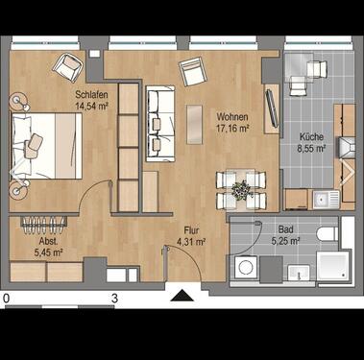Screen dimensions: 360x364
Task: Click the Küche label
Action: (x=311, y=137)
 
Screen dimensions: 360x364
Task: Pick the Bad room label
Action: (x=285, y=230)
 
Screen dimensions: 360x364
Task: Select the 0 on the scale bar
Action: (x=7, y=300)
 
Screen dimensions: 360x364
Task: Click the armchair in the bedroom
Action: (x=67, y=66)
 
